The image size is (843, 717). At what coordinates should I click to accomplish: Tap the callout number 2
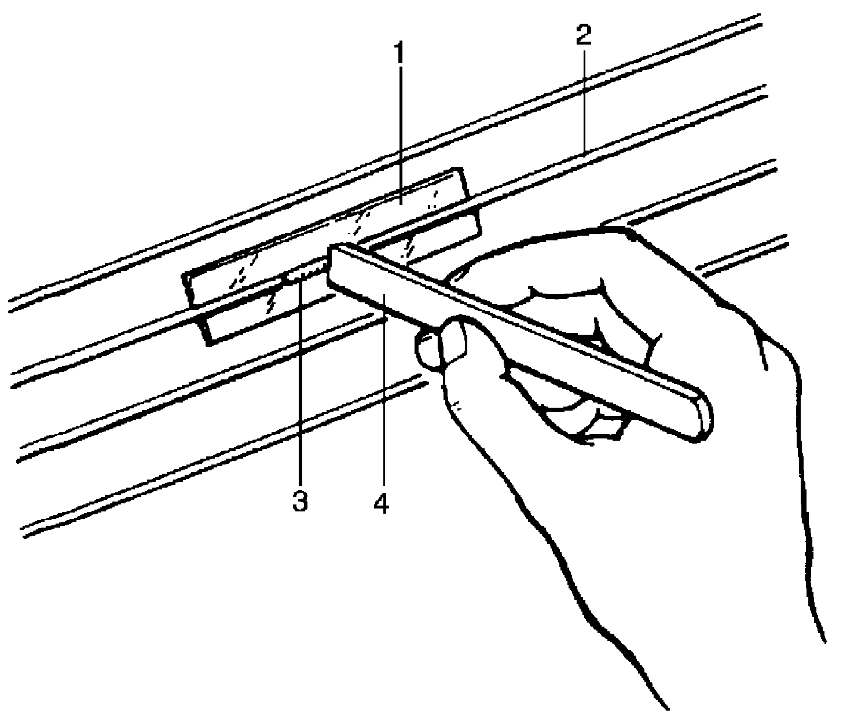coord(583,36)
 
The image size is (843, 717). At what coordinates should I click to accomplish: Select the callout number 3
coord(299,502)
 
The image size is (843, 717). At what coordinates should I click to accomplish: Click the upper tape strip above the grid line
coord(324,237)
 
